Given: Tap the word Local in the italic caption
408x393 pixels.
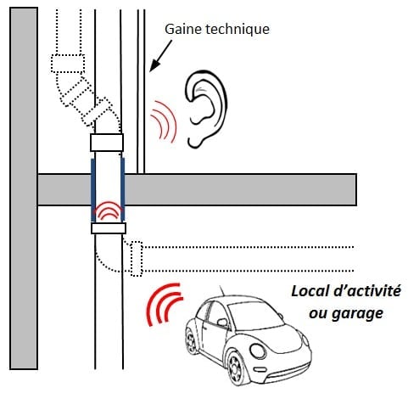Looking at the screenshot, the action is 310,291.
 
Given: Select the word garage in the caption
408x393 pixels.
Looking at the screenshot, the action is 357,314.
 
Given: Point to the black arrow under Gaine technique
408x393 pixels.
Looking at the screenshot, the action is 160,56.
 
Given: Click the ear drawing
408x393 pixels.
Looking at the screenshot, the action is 206,109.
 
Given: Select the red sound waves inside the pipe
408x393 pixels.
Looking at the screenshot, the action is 108,211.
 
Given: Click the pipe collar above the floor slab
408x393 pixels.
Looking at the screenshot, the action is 107,143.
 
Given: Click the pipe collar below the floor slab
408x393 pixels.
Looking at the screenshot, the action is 109,228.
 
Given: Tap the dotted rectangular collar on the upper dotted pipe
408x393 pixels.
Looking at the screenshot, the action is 68,64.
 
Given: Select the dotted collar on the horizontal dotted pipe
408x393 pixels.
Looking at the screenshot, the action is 137,259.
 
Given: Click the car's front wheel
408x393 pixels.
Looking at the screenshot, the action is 236,367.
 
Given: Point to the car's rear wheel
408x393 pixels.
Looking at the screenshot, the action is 192,340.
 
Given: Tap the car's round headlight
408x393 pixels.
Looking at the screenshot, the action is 258,351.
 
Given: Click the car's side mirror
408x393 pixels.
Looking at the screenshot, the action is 222,323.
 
